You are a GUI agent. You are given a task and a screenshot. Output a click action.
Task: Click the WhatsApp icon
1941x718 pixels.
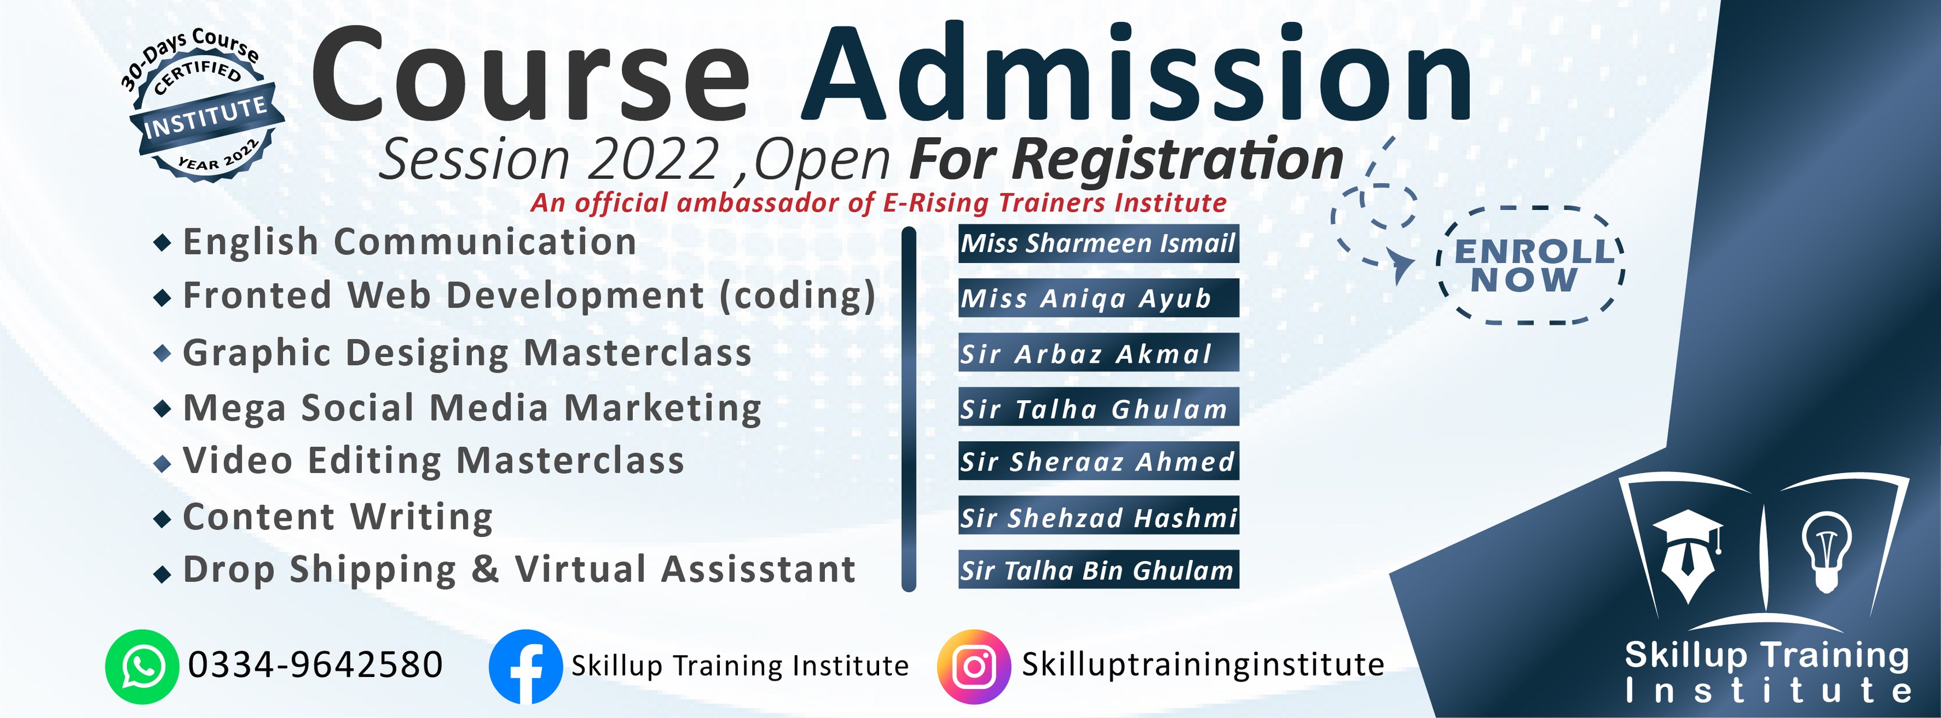(142, 667)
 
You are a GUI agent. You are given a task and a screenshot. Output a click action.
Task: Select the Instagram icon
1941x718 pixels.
(974, 667)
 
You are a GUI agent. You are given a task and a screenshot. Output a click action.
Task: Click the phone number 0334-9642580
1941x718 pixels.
(316, 664)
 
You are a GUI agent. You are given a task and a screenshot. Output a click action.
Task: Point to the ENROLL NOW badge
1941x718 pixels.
(1531, 265)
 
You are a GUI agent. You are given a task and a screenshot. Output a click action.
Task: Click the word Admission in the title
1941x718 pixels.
(1136, 73)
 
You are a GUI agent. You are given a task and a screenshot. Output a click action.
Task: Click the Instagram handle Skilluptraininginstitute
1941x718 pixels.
(1203, 664)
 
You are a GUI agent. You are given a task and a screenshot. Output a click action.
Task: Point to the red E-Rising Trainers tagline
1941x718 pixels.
(878, 202)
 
